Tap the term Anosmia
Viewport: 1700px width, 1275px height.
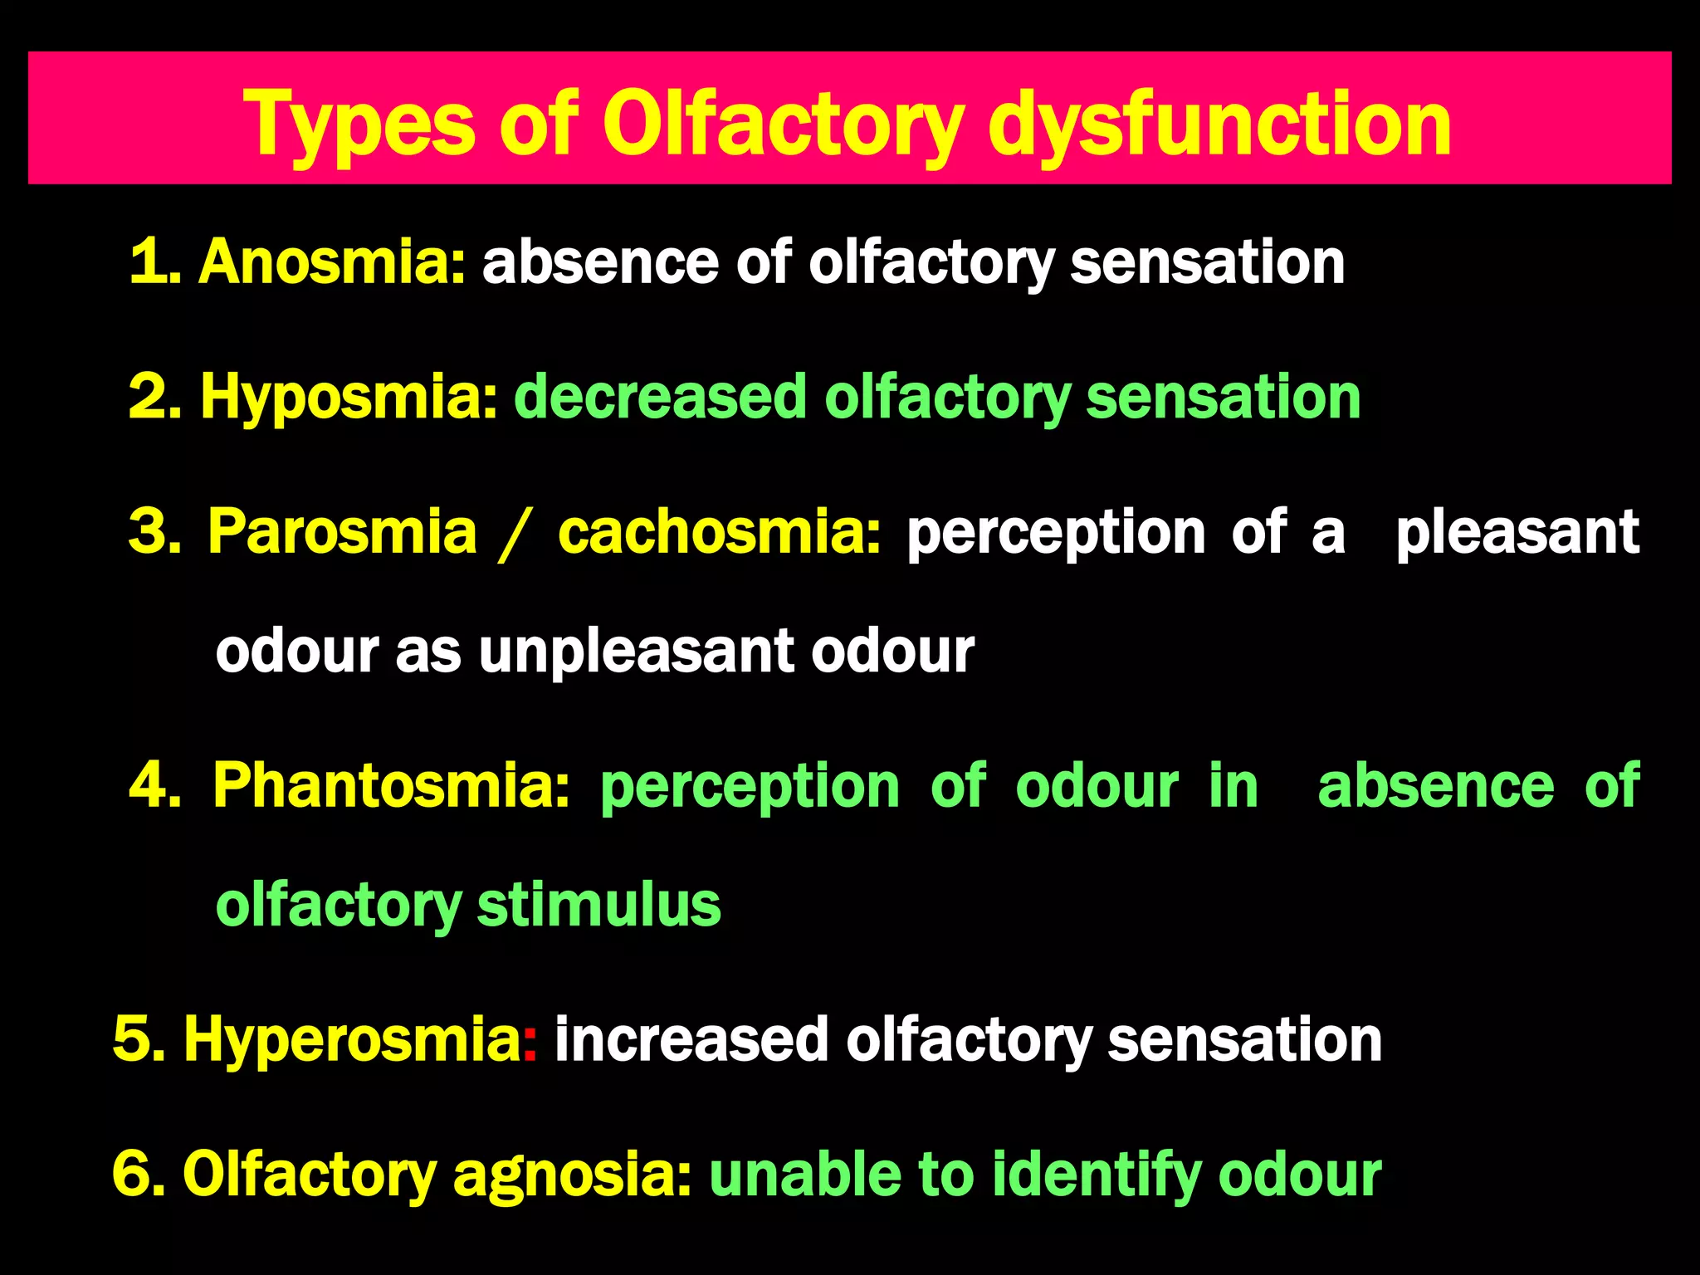coord(331,262)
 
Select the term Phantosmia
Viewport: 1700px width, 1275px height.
coord(391,785)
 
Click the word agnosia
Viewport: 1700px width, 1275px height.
coord(572,1175)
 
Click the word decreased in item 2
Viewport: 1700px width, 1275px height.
coord(660,397)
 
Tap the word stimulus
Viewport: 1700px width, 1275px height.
coord(598,905)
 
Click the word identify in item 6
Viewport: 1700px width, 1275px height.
coord(1097,1175)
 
